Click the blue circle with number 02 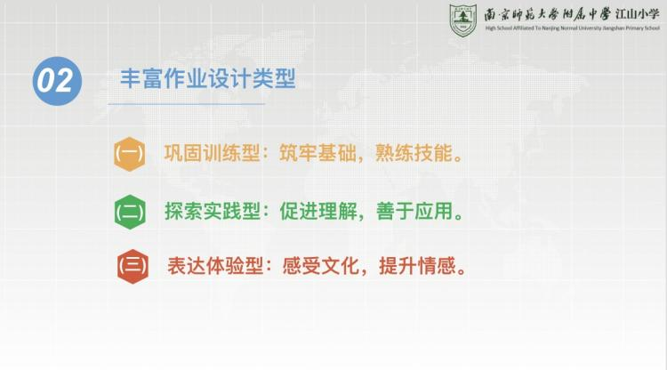(57, 81)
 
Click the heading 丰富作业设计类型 (207, 78)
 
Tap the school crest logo (462, 20)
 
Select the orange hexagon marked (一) (129, 154)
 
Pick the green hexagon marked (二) (130, 212)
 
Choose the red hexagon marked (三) (133, 266)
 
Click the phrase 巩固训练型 (212, 153)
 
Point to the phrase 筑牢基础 (317, 153)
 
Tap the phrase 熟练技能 (414, 153)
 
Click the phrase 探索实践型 (213, 212)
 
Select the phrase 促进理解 (318, 212)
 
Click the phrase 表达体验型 (215, 266)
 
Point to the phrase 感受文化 (321, 266)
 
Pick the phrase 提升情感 (417, 266)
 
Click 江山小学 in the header (638, 14)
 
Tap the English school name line (572, 28)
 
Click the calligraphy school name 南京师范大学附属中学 (548, 14)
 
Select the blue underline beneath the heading (187, 104)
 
